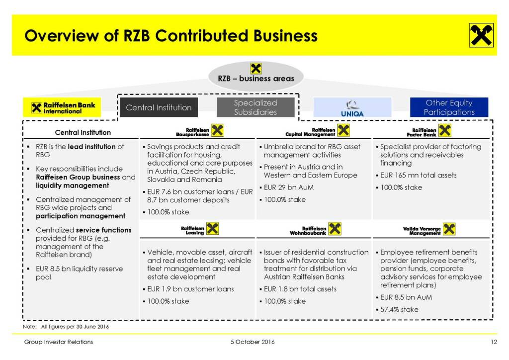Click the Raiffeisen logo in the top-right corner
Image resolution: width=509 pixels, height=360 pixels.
coord(481,35)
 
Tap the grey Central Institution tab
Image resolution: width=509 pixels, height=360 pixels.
coord(159,107)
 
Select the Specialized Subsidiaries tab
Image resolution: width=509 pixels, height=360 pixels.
coord(255,107)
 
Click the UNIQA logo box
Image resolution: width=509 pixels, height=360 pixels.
coord(352,107)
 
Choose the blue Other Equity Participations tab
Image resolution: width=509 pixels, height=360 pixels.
coord(449,107)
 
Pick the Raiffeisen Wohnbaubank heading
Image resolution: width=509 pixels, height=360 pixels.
coord(315,229)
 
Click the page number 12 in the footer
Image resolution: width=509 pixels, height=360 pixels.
coord(494,342)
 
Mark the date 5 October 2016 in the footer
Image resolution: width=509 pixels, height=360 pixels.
coord(253,342)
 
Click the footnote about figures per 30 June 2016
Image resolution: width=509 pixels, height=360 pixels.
coord(66,327)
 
